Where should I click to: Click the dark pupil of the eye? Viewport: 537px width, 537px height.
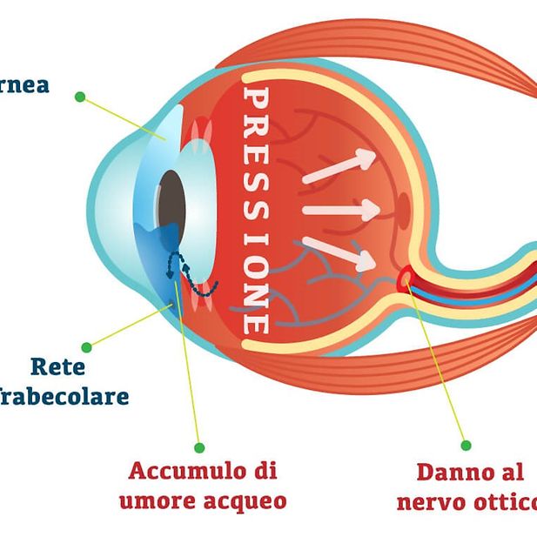(x=171, y=198)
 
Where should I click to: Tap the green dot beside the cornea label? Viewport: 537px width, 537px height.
(x=80, y=97)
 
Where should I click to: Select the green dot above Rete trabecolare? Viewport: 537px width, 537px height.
(x=86, y=347)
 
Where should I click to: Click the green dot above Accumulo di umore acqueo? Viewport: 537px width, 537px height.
(x=199, y=447)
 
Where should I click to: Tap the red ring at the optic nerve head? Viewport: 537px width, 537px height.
(x=406, y=279)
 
